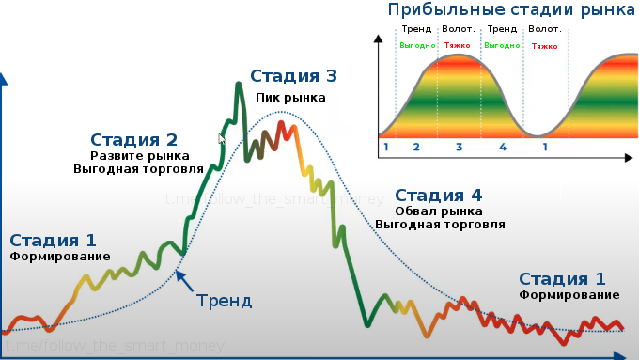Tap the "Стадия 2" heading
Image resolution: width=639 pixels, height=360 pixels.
[x=133, y=140]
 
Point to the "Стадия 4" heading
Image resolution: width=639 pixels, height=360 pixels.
[x=439, y=196]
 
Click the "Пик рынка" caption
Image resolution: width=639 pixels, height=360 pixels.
[x=291, y=97]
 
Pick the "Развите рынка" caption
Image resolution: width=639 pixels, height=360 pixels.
[x=140, y=156]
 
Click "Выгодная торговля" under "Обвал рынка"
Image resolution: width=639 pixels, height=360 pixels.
[x=440, y=225]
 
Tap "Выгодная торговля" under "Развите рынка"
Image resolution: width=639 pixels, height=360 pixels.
[x=138, y=170]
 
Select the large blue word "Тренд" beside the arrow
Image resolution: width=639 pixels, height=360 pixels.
[x=225, y=301]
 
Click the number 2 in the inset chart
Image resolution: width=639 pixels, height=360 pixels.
[x=416, y=148]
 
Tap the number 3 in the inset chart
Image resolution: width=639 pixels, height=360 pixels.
[x=459, y=148]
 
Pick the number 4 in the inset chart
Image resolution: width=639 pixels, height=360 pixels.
[x=503, y=148]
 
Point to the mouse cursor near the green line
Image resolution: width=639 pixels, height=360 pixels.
[x=223, y=140]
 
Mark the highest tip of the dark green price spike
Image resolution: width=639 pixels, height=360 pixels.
[x=239, y=84]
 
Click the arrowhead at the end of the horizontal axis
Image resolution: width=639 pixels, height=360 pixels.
[x=621, y=355]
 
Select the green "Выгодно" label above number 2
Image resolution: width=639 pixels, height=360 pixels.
[x=416, y=45]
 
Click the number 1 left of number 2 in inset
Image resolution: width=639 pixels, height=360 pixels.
[x=385, y=148]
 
